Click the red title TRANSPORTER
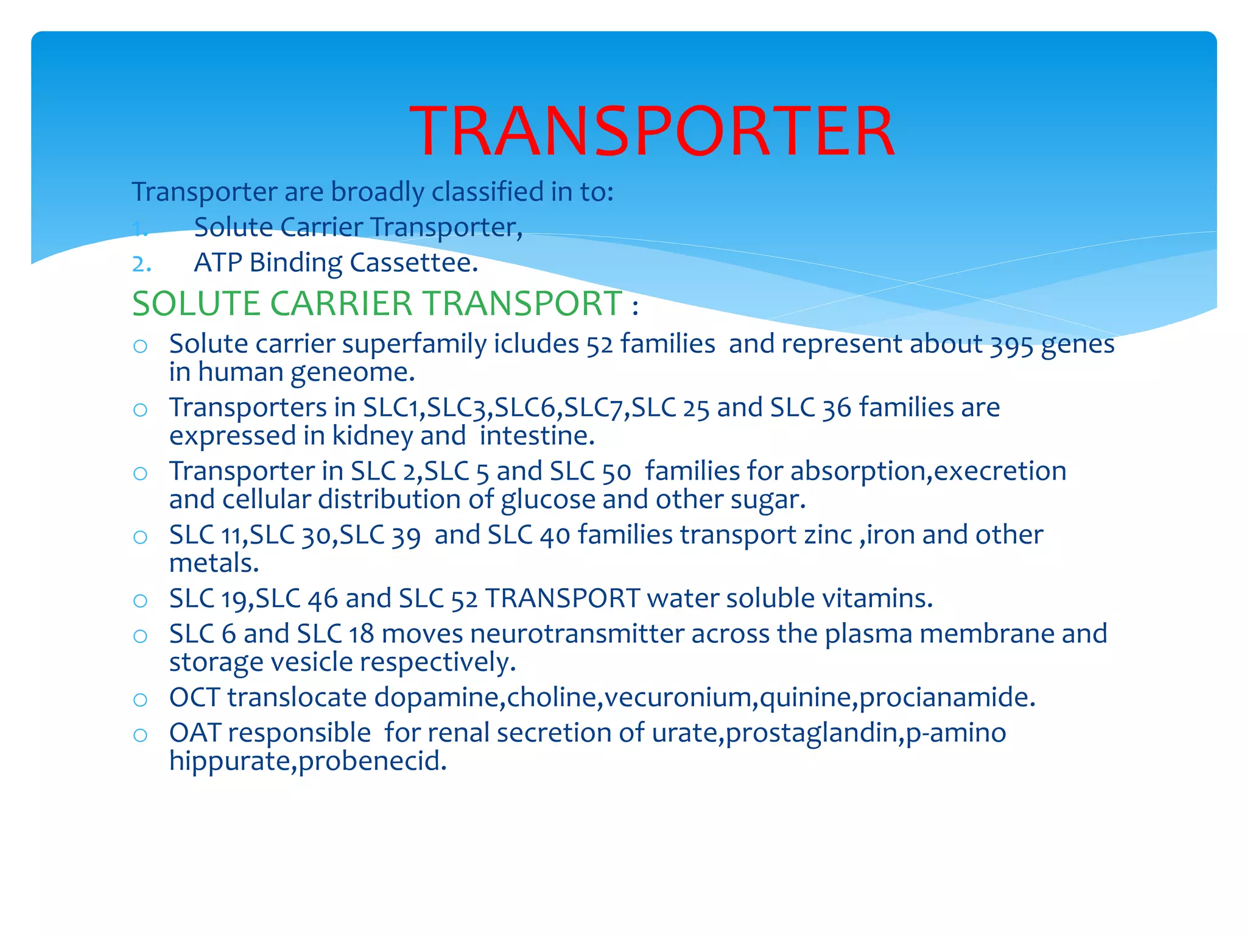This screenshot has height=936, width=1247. tap(652, 131)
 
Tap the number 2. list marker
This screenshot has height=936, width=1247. tap(141, 264)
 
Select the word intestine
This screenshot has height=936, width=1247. tap(536, 436)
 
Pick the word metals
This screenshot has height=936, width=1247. tap(214, 563)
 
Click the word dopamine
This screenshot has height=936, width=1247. tap(439, 697)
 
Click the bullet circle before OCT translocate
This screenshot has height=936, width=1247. tap(140, 699)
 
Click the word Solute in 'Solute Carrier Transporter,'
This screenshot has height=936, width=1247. tap(233, 227)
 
